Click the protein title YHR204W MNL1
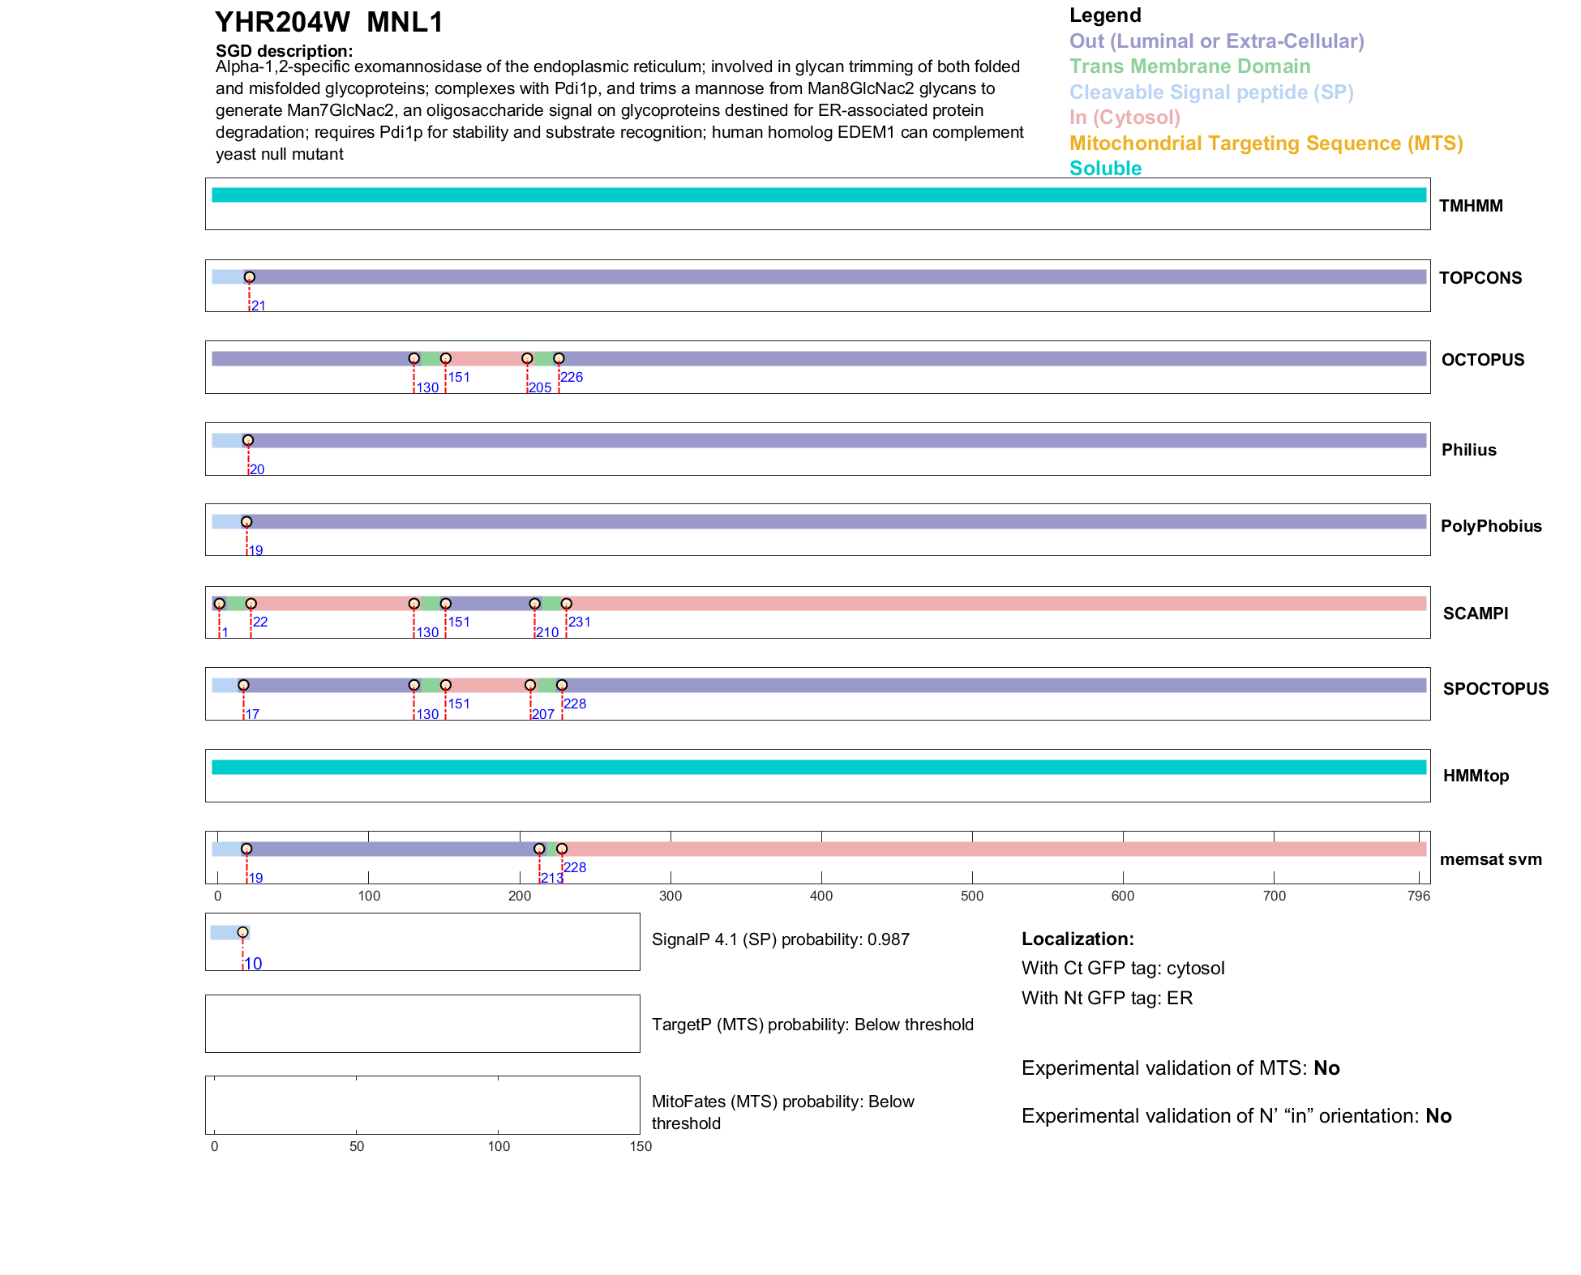click(x=329, y=23)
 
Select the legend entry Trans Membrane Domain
click(x=1189, y=66)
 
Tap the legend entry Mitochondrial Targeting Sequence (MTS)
click(x=1266, y=143)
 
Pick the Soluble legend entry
click(x=1105, y=169)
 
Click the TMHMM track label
click(x=1471, y=206)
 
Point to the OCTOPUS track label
click(x=1482, y=360)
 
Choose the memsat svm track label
click(x=1490, y=859)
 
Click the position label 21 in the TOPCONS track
click(x=259, y=306)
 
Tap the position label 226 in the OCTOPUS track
click(x=572, y=378)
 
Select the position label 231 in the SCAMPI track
click(x=579, y=623)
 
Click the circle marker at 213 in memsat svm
click(x=539, y=849)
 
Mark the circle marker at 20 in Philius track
click(x=248, y=440)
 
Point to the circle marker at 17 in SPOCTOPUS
click(x=243, y=685)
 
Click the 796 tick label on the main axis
click(x=1419, y=896)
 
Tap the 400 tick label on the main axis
click(x=821, y=896)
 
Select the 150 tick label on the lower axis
click(x=641, y=1147)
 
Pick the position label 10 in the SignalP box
click(x=254, y=964)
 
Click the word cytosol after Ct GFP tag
click(x=1195, y=969)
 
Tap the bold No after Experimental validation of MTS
click(x=1326, y=1068)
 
